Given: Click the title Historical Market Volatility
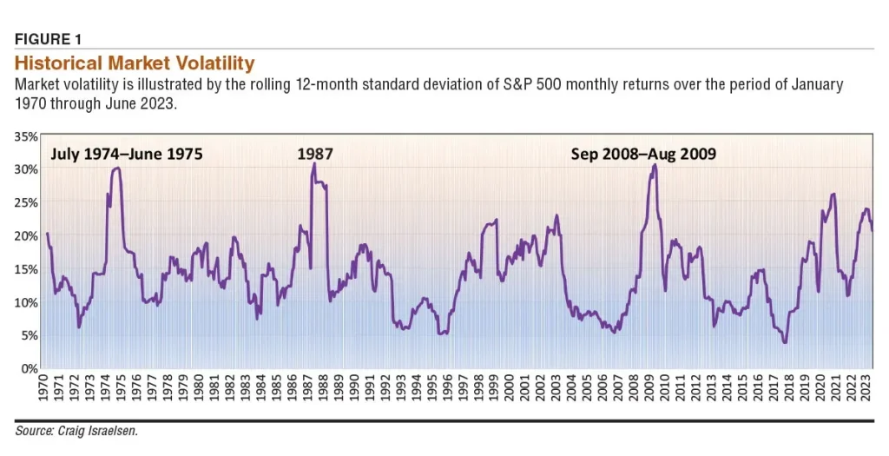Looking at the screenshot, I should click(x=135, y=63).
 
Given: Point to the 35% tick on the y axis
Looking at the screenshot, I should click(x=25, y=136).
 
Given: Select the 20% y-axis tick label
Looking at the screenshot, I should click(x=25, y=236).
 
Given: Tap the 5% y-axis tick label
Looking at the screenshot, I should click(x=28, y=335).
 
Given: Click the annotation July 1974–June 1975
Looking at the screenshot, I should click(x=127, y=155).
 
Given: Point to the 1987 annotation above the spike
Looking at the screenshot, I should click(x=315, y=155).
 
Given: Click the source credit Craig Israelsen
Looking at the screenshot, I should click(x=77, y=431).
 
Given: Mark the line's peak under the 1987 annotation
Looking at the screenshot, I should click(x=313, y=163).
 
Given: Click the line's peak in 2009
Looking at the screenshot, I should click(x=655, y=164).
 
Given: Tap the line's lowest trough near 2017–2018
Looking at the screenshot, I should click(x=785, y=342).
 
